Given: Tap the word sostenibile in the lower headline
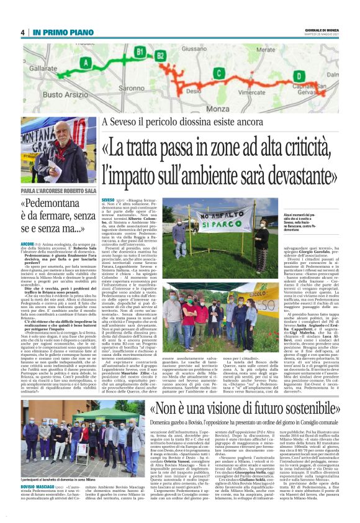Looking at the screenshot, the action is (310, 410).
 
